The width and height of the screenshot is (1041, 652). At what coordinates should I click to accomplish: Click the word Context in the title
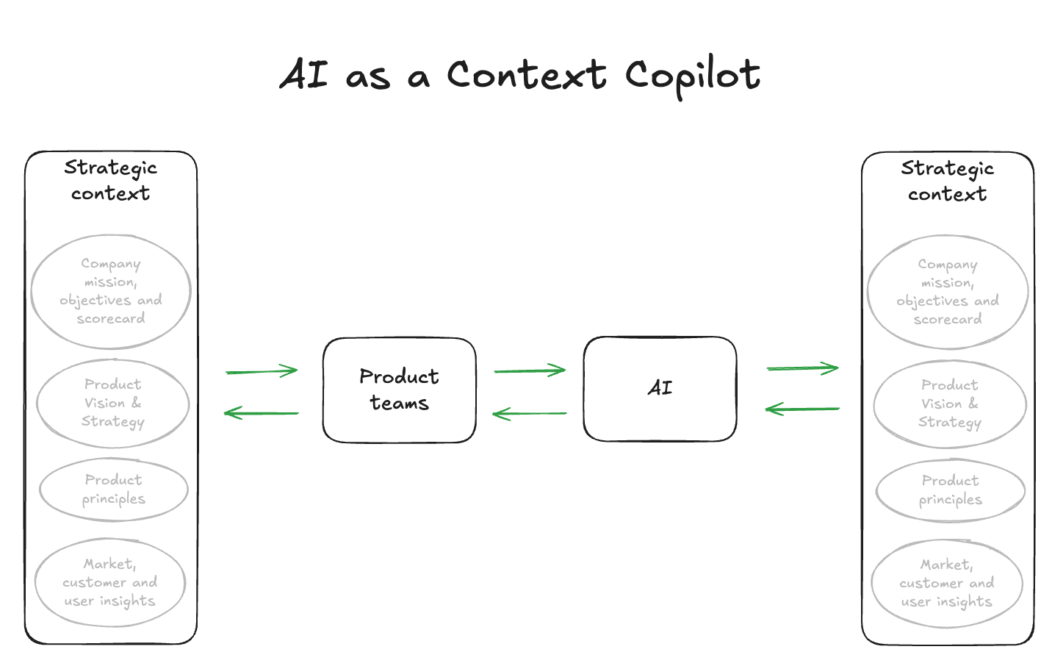(x=527, y=75)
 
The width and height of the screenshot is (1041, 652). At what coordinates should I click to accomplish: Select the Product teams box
(x=399, y=390)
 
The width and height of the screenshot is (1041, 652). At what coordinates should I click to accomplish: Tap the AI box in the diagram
(x=660, y=388)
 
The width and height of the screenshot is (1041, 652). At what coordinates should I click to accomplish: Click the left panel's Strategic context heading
(x=111, y=180)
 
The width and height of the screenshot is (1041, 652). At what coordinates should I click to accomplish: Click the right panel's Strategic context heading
(x=947, y=181)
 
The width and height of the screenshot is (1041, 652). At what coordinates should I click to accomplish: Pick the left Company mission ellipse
(x=111, y=291)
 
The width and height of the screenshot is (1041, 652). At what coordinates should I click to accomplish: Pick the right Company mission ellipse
(x=947, y=292)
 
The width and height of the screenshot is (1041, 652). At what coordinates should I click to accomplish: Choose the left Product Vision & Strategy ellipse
(x=112, y=403)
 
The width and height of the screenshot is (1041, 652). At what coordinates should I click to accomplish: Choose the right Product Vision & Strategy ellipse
(x=949, y=404)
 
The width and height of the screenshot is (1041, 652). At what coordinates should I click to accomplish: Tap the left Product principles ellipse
(x=113, y=490)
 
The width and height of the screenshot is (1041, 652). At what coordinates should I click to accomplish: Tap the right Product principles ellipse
(x=950, y=490)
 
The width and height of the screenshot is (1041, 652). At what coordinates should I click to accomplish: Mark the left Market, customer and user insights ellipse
(x=110, y=582)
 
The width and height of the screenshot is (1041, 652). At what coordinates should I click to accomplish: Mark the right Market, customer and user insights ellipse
(x=947, y=584)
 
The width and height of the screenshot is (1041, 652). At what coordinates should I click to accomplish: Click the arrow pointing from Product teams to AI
(x=530, y=370)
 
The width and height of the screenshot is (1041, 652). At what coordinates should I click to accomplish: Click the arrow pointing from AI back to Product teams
(x=530, y=414)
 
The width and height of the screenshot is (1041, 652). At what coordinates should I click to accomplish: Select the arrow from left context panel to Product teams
(x=262, y=371)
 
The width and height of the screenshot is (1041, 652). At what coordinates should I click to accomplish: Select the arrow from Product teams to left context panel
(x=262, y=413)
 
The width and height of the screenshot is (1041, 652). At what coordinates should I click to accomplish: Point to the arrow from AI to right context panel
(x=802, y=368)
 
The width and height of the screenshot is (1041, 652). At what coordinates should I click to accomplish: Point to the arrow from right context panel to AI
(x=802, y=409)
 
